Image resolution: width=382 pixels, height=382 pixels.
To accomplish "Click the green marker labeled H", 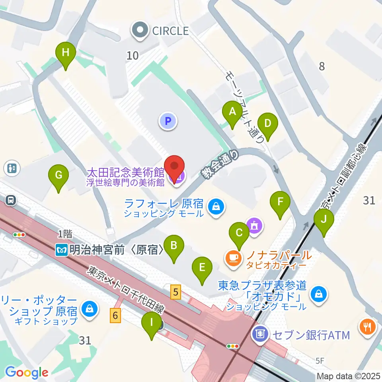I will click(66, 53).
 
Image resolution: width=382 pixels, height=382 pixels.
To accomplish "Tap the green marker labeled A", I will click(232, 112).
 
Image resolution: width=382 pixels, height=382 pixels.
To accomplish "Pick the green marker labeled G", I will click(58, 175).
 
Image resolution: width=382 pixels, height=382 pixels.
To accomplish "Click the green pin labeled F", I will click(281, 202).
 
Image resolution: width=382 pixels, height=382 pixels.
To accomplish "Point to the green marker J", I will click(324, 220).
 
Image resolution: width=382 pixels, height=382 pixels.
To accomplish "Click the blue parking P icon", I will click(168, 121).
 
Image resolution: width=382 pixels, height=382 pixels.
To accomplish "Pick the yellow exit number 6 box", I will click(115, 316).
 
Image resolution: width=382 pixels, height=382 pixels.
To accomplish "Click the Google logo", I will click(26, 372).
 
